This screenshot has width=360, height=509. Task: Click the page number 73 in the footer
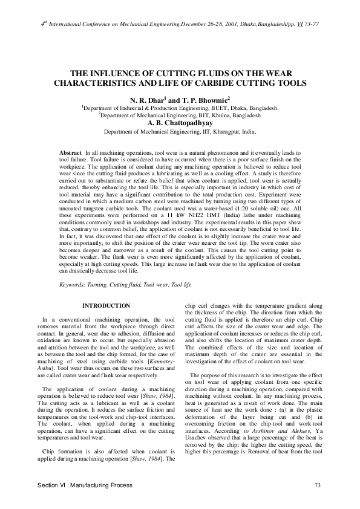[317, 486]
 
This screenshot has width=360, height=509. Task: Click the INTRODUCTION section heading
[106, 306]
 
